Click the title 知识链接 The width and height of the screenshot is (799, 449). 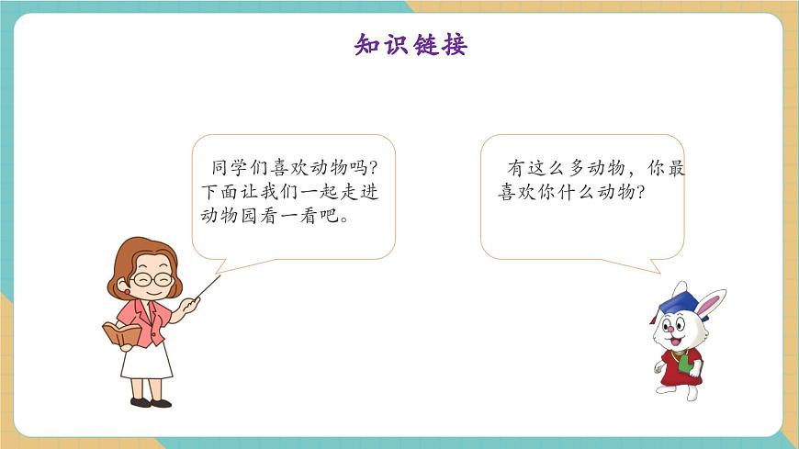click(411, 43)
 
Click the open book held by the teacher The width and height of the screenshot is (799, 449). click(120, 333)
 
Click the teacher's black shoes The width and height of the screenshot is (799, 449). click(150, 402)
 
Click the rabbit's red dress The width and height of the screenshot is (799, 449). click(682, 365)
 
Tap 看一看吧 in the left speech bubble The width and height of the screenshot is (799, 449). click(299, 219)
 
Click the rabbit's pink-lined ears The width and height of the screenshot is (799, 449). click(710, 302)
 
